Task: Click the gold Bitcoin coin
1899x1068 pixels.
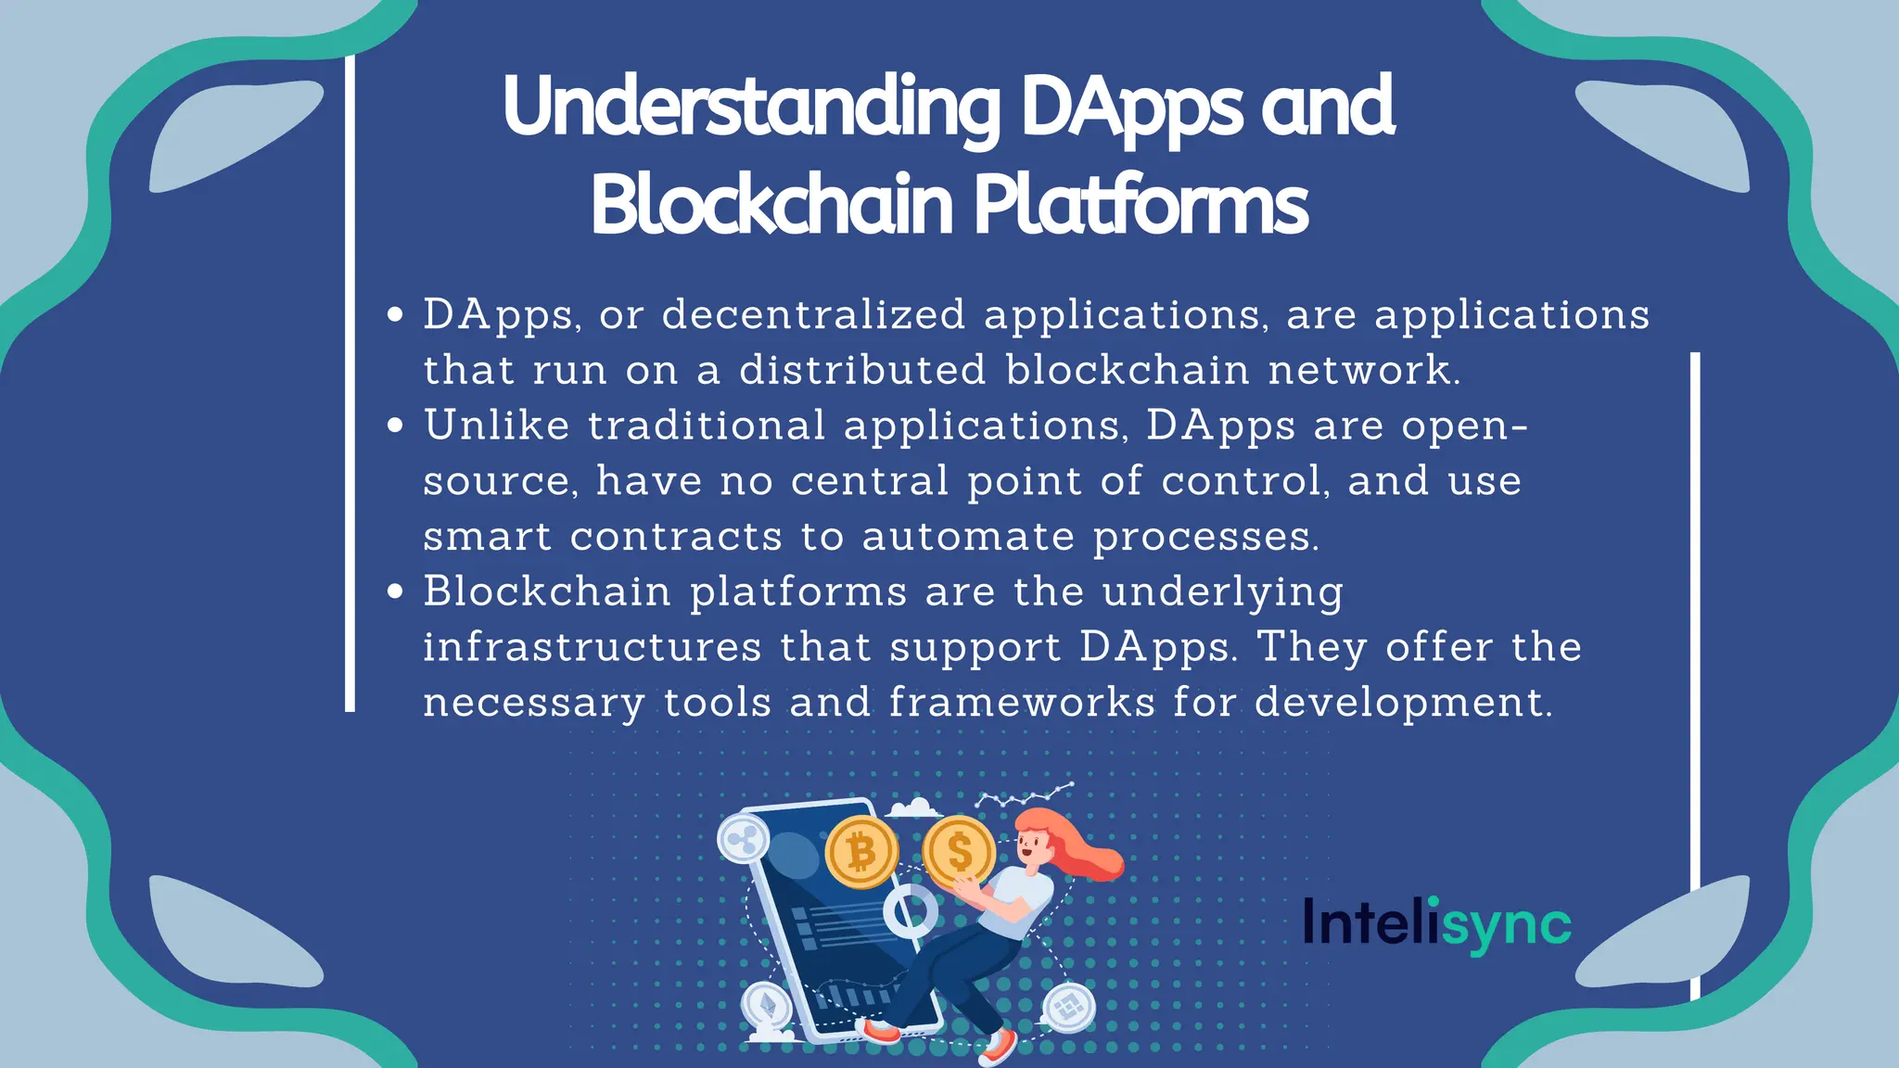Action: click(x=861, y=852)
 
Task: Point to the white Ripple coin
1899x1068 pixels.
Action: click(x=743, y=840)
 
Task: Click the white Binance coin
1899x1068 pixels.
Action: click(x=1068, y=1008)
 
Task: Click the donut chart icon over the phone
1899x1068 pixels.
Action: click(x=910, y=910)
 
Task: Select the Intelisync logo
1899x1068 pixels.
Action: click(x=1436, y=923)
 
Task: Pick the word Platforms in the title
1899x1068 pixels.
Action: click(x=1141, y=206)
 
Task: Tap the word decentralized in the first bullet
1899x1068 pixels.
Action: click(x=813, y=315)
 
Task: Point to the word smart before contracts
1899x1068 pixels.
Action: click(x=487, y=537)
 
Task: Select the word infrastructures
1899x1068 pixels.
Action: click(x=593, y=647)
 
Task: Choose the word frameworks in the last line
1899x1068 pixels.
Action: click(x=1022, y=702)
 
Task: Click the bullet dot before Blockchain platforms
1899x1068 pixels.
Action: click(x=396, y=591)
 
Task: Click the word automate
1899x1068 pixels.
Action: click(x=968, y=537)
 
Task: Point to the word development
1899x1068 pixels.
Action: click(x=1402, y=703)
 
